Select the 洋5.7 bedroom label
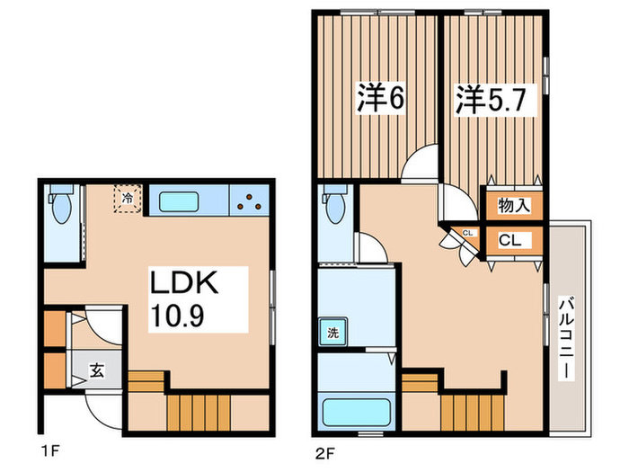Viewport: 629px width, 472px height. pyautogui.click(x=492, y=97)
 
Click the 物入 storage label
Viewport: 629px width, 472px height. pyautogui.click(x=513, y=205)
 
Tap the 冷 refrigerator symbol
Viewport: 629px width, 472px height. pyautogui.click(x=128, y=198)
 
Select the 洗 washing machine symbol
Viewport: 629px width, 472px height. pyautogui.click(x=332, y=334)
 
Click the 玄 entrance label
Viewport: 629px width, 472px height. pyautogui.click(x=94, y=368)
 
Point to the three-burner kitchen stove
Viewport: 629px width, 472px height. pyautogui.click(x=249, y=200)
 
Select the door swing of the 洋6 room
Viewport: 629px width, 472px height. pyautogui.click(x=417, y=167)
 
